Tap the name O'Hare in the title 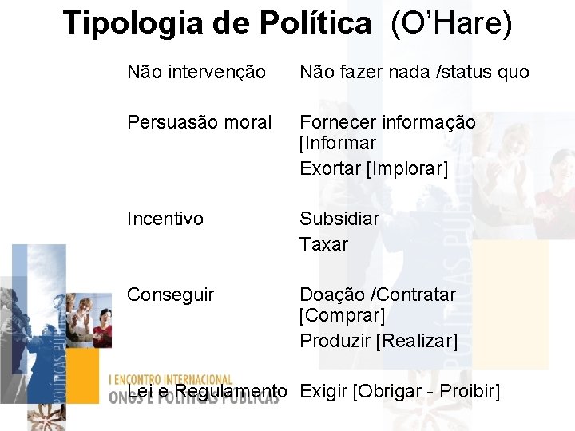(451, 23)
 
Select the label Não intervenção (196, 72)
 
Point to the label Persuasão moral (200, 122)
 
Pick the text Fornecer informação (387, 122)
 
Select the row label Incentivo (165, 219)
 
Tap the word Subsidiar (339, 219)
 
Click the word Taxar (323, 244)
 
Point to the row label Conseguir (170, 295)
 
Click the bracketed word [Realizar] (416, 341)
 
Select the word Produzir (335, 341)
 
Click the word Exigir (323, 391)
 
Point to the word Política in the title (316, 23)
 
